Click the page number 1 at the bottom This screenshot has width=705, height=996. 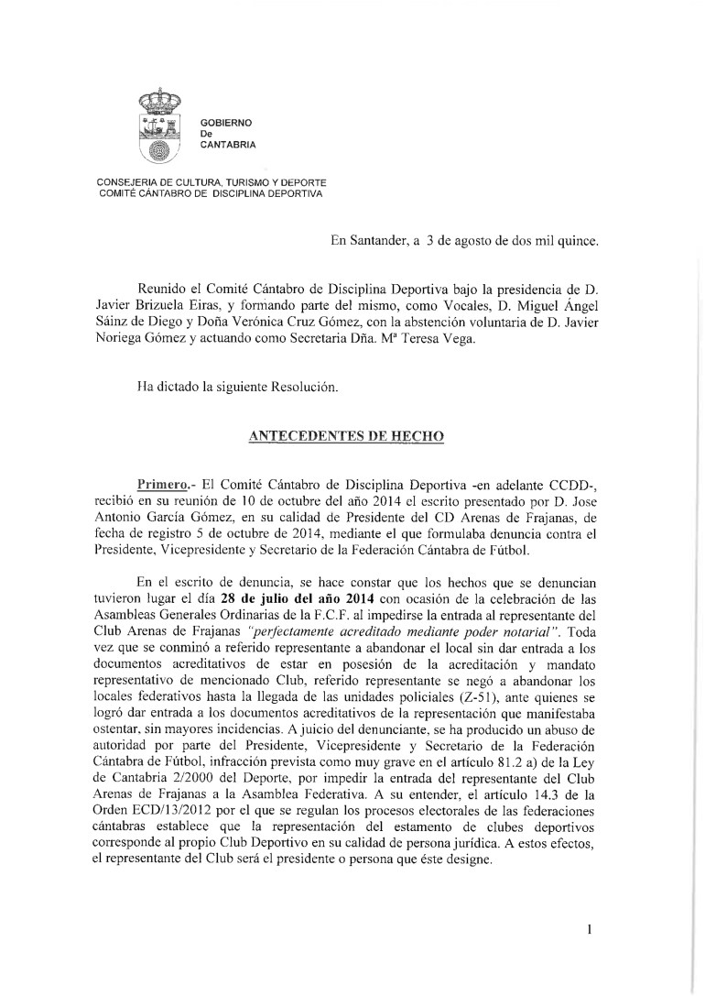(x=591, y=930)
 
